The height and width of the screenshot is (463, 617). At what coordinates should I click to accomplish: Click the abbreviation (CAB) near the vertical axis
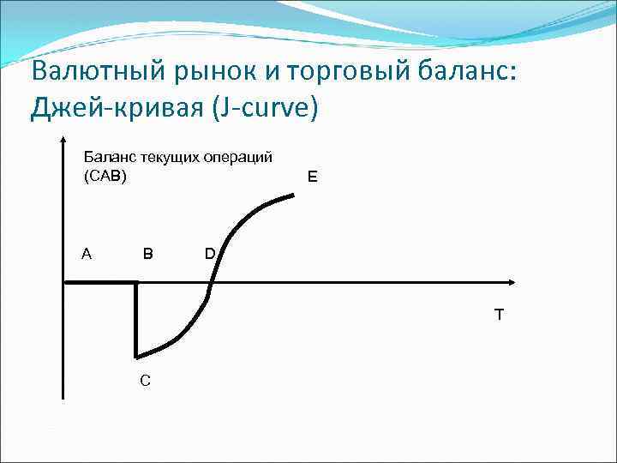pyautogui.click(x=104, y=177)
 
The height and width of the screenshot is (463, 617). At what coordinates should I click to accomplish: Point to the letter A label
pyautogui.click(x=86, y=254)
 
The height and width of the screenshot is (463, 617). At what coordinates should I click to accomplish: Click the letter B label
pyautogui.click(x=148, y=254)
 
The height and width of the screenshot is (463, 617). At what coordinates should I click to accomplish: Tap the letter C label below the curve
pyautogui.click(x=146, y=380)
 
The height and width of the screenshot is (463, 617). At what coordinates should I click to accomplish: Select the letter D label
pyautogui.click(x=210, y=254)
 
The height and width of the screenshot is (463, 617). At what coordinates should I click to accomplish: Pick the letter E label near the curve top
pyautogui.click(x=312, y=177)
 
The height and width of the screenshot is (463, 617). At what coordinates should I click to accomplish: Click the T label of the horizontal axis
pyautogui.click(x=499, y=315)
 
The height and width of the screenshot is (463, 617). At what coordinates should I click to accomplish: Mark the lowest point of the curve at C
pyautogui.click(x=136, y=357)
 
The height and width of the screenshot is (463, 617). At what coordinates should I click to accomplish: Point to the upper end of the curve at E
pyautogui.click(x=294, y=195)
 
